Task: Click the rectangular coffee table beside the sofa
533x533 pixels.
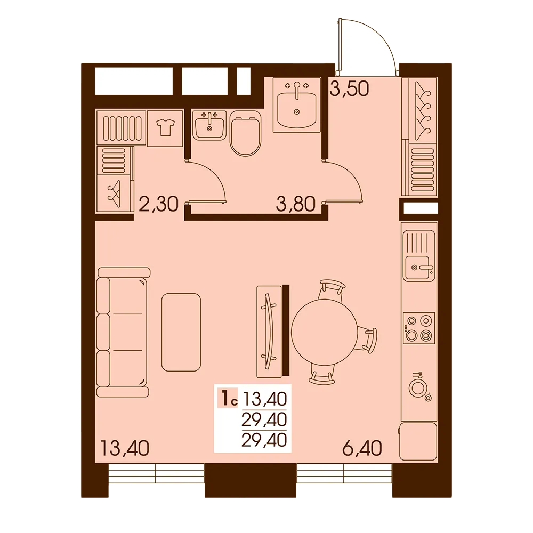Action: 181,333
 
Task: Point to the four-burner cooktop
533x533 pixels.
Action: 419,328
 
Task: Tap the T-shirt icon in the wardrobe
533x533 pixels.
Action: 165,128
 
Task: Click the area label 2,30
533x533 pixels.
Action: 159,205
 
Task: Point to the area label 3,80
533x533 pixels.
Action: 296,205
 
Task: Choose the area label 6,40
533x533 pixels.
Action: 362,448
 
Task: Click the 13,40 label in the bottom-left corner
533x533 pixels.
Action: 125,448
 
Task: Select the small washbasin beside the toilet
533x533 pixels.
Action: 209,125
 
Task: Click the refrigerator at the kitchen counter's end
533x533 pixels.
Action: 418,441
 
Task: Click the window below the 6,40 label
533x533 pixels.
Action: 344,473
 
